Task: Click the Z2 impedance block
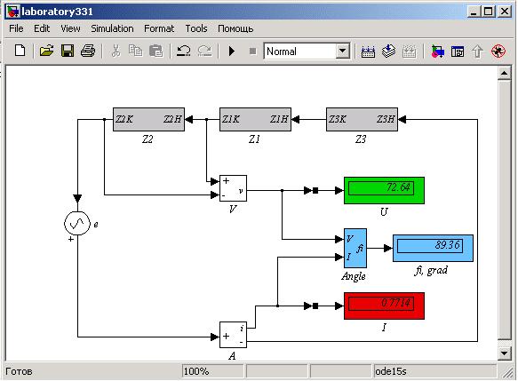pos(148,119)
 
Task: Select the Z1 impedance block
pos(255,119)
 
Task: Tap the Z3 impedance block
pos(363,119)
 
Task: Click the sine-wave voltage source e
pos(77,224)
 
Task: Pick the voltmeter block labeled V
pos(233,188)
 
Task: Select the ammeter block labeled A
pos(233,335)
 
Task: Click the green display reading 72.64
pos(384,190)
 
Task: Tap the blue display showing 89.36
pos(433,248)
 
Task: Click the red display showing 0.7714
pos(384,306)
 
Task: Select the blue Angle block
pos(355,248)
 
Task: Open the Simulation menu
pos(112,28)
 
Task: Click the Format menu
pos(159,28)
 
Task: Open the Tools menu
pos(196,28)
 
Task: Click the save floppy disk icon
pos(68,52)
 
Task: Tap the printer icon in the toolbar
pos(88,52)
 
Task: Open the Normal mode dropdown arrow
pos(343,52)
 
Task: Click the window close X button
pos(505,12)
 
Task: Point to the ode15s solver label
pos(390,371)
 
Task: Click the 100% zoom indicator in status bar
pos(195,371)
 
